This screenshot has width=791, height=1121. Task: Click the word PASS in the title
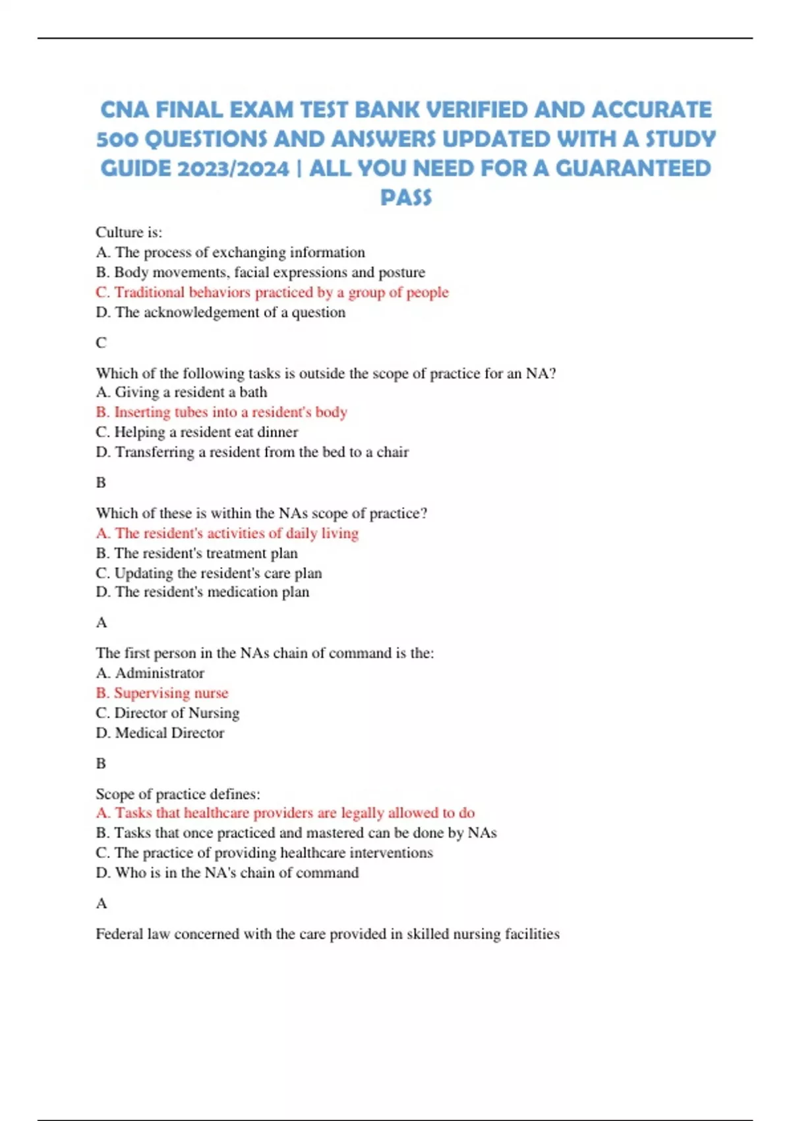pyautogui.click(x=406, y=197)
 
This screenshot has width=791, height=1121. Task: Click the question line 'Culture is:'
pyautogui.click(x=129, y=232)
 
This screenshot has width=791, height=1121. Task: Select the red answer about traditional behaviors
pyautogui.click(x=272, y=292)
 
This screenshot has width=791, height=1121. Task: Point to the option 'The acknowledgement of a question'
pyautogui.click(x=220, y=313)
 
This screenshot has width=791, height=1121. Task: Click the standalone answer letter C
pyautogui.click(x=101, y=343)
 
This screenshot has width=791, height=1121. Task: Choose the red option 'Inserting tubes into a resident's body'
pyautogui.click(x=221, y=412)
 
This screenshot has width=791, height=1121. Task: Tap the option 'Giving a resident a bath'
pyautogui.click(x=181, y=392)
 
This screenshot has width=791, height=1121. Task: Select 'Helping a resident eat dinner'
pyautogui.click(x=196, y=432)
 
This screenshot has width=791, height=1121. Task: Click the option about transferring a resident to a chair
pyautogui.click(x=252, y=452)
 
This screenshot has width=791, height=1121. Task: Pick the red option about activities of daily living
pyautogui.click(x=227, y=533)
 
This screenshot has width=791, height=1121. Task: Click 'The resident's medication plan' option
pyautogui.click(x=202, y=592)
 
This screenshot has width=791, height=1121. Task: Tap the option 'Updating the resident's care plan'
pyautogui.click(x=208, y=573)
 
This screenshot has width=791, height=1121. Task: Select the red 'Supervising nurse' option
pyautogui.click(x=162, y=693)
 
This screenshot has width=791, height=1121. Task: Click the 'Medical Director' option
pyautogui.click(x=160, y=733)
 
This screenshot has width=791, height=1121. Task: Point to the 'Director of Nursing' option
pyautogui.click(x=167, y=713)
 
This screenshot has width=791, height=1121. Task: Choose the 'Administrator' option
pyautogui.click(x=150, y=673)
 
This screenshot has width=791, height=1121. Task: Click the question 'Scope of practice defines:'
pyautogui.click(x=178, y=794)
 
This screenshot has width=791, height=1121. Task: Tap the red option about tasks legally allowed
pyautogui.click(x=285, y=813)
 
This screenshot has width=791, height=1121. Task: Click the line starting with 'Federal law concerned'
pyautogui.click(x=328, y=934)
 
